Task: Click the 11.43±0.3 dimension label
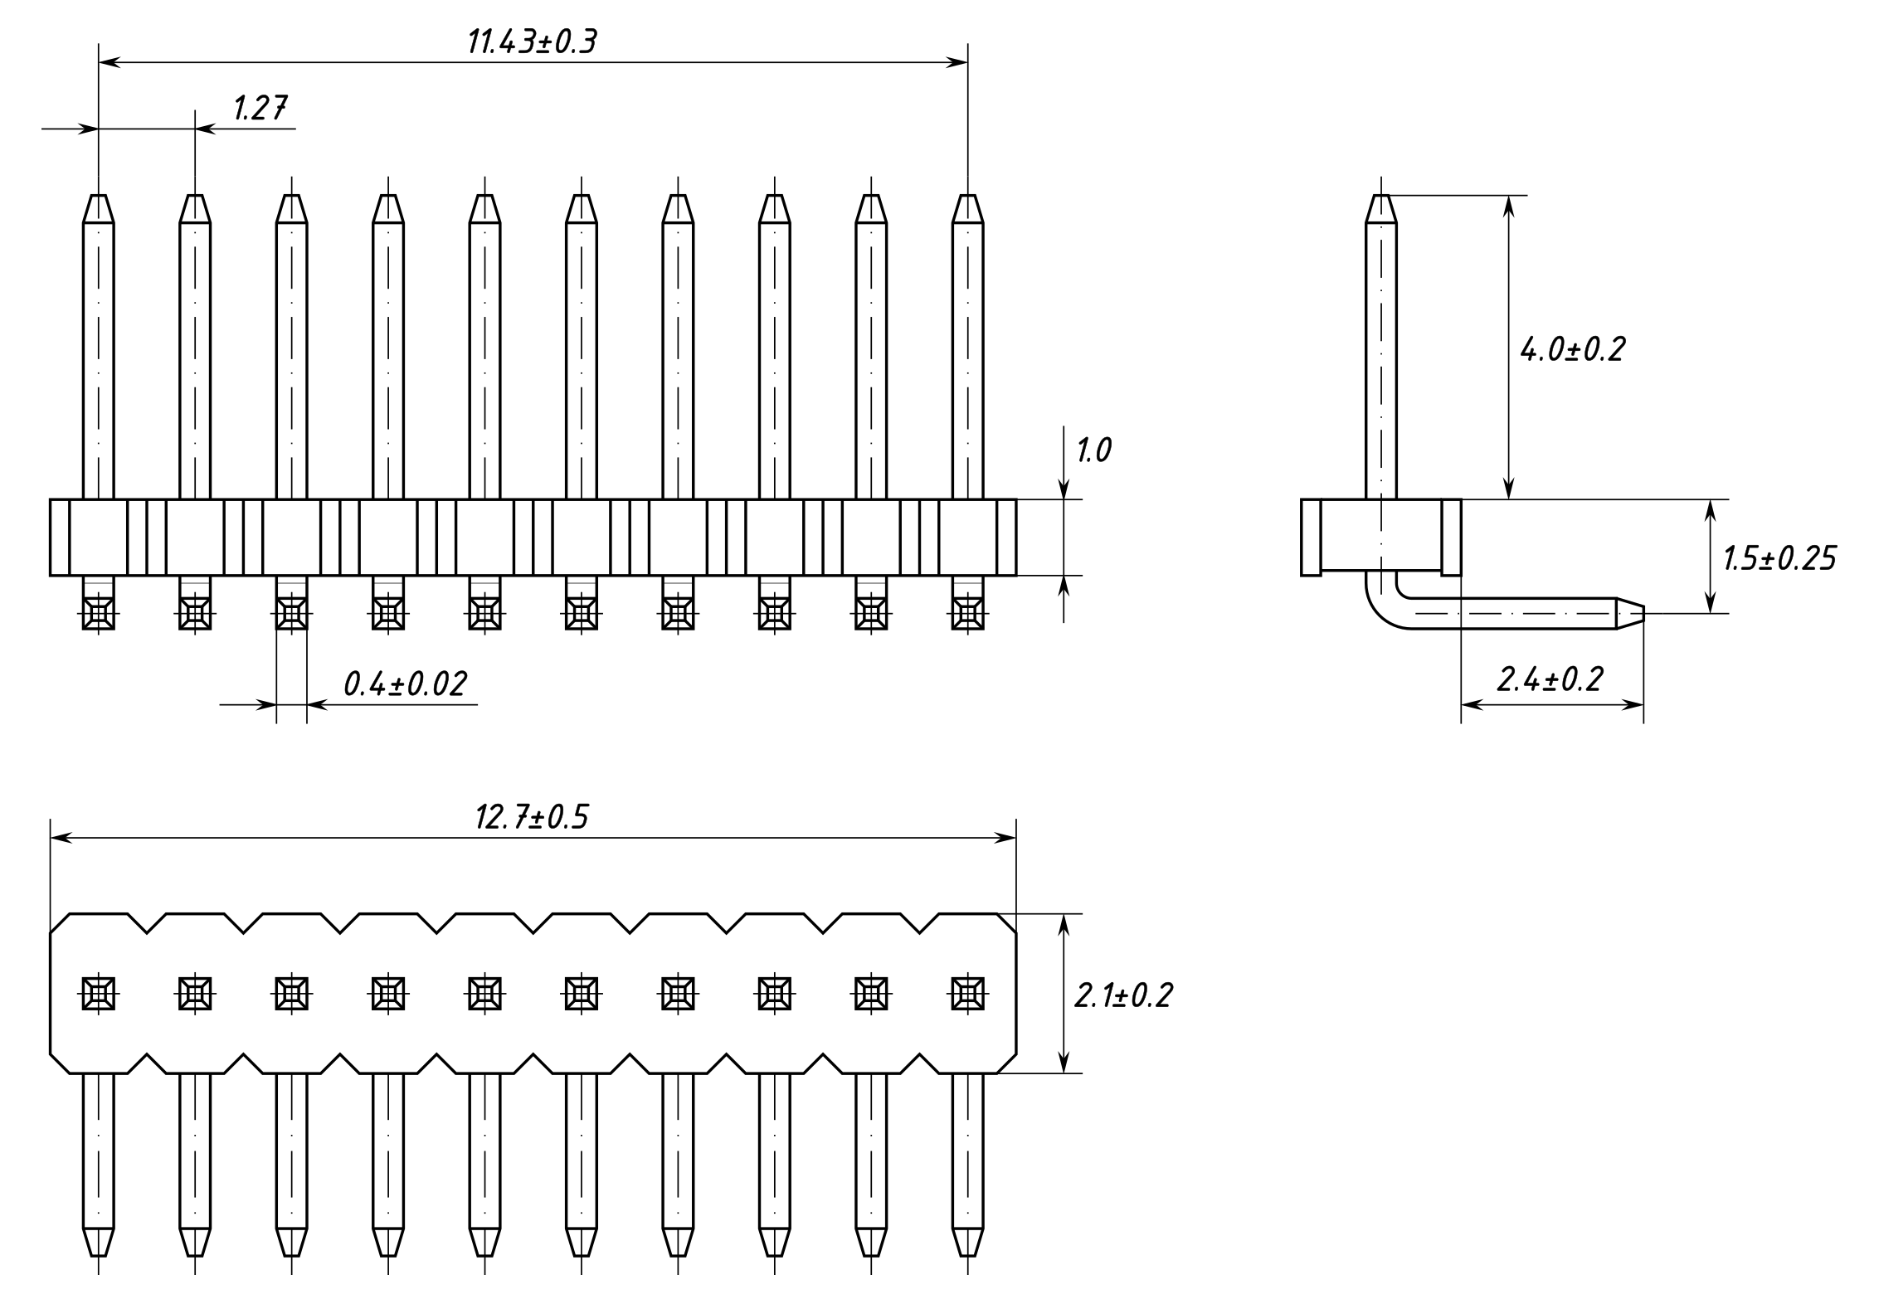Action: [x=532, y=41]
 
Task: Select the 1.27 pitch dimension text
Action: [x=260, y=109]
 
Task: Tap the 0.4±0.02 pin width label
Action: [x=405, y=684]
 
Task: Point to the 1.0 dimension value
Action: [x=1093, y=450]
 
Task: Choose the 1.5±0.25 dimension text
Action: [x=1779, y=558]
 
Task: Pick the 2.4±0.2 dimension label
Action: [x=1550, y=679]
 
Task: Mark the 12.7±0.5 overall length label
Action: [x=531, y=817]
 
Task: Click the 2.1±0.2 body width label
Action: [x=1123, y=995]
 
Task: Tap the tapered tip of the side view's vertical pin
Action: [x=1381, y=208]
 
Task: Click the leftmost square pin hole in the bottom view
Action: [x=99, y=993]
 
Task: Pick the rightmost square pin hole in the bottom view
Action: [x=967, y=993]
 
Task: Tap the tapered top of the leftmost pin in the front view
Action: [x=99, y=208]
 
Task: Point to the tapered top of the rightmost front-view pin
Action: [x=967, y=208]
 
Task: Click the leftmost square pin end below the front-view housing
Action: [x=99, y=615]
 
